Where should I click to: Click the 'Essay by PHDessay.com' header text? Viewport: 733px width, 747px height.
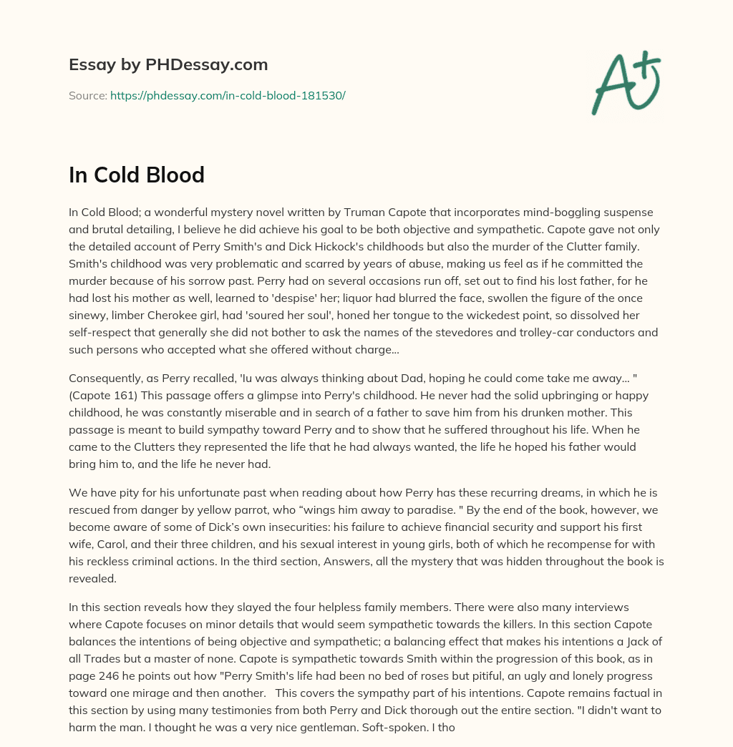tap(168, 64)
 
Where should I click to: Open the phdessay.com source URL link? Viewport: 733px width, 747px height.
tap(228, 94)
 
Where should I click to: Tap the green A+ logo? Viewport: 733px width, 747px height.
tap(625, 82)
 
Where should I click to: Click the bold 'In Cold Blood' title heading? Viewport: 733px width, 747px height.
tap(137, 175)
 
